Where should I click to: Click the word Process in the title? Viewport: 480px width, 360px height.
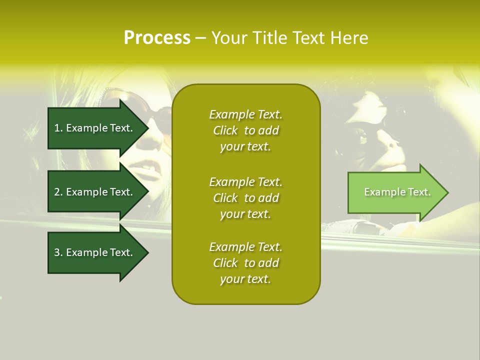157,38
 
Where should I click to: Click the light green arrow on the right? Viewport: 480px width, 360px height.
395,192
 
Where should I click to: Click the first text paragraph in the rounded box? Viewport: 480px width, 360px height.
245,130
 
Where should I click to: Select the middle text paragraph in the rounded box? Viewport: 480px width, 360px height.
245,198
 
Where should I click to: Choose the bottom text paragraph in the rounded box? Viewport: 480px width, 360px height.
245,263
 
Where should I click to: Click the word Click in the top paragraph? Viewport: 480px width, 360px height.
225,130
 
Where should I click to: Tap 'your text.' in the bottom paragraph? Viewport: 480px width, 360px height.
245,279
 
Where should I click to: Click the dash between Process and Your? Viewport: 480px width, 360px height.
200,38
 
